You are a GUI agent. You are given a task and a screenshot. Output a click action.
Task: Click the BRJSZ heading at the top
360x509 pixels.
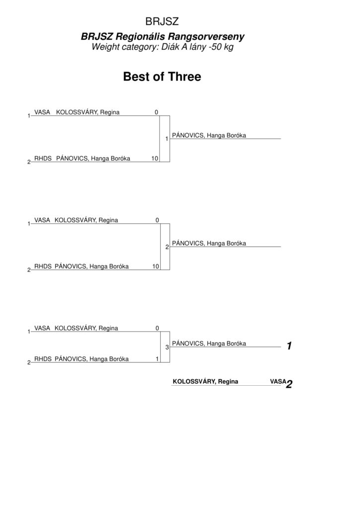[x=162, y=21]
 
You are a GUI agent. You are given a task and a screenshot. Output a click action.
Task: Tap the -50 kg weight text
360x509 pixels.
[x=221, y=47]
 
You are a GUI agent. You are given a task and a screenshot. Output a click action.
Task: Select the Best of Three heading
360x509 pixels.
[x=162, y=77]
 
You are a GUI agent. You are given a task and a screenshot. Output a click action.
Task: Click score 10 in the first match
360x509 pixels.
[x=155, y=159]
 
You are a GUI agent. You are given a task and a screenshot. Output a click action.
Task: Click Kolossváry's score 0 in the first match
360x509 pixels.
[x=157, y=112]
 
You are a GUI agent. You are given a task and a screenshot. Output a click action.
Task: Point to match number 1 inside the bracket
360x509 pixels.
[x=167, y=139]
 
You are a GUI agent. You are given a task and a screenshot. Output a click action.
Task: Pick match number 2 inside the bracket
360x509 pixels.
[x=167, y=247]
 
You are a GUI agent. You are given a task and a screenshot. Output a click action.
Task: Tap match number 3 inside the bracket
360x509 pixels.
[x=167, y=347]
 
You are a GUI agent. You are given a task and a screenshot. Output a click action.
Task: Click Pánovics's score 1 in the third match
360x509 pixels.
[x=157, y=359]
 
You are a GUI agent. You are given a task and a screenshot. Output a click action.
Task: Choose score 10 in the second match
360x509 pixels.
[x=156, y=266]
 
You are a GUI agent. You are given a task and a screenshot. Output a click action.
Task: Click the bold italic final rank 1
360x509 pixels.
[x=289, y=346]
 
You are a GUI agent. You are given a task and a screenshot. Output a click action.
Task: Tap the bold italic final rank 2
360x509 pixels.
[x=289, y=384]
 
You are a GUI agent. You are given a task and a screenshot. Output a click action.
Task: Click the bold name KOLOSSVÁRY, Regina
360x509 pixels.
[x=205, y=381]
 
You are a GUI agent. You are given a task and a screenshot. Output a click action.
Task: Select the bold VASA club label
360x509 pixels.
[x=278, y=381]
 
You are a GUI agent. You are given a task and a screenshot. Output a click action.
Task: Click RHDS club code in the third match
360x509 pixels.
[x=43, y=359]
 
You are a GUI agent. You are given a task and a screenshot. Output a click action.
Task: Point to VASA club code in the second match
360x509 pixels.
[x=42, y=220]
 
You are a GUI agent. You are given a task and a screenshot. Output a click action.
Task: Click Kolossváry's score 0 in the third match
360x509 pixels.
[x=157, y=328]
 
